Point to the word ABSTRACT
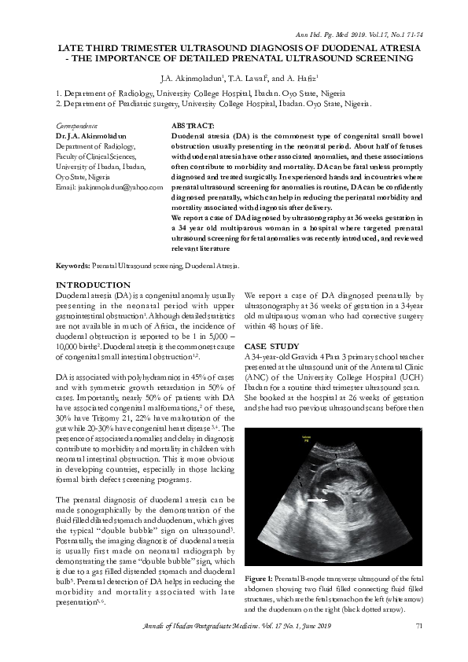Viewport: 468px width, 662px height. click(x=193, y=126)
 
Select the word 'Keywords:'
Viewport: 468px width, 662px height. click(x=73, y=267)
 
